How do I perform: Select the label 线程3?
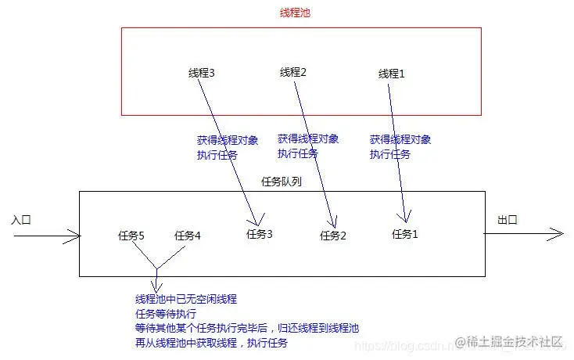(x=202, y=73)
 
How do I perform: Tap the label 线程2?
(x=293, y=72)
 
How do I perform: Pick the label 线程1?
(x=392, y=74)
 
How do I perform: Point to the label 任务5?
(x=131, y=235)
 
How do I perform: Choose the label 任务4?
(x=188, y=235)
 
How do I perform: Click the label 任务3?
(x=260, y=233)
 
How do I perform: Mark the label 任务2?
(x=333, y=235)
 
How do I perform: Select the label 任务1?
(x=405, y=233)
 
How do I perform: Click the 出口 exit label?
(x=508, y=219)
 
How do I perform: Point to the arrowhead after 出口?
(x=558, y=233)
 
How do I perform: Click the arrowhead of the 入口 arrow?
(x=76, y=233)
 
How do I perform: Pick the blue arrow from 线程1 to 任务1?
(x=397, y=149)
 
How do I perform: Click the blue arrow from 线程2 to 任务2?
(x=314, y=149)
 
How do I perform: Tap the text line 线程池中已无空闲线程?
(x=186, y=299)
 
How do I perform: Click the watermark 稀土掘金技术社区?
(x=515, y=342)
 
